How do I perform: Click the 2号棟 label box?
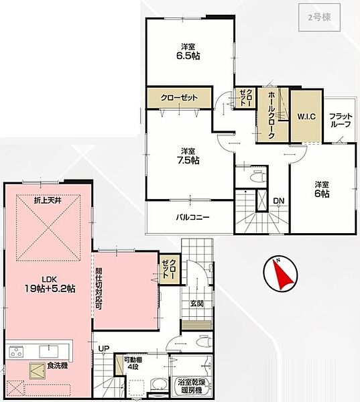click(x=320, y=17)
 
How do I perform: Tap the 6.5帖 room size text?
click(x=188, y=56)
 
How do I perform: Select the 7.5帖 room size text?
click(x=188, y=160)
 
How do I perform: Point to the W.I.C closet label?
click(x=306, y=117)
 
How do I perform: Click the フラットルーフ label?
click(x=341, y=120)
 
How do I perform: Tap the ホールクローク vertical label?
click(x=272, y=115)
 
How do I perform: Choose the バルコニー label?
click(x=192, y=218)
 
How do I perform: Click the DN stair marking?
click(x=279, y=201)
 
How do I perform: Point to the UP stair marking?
click(x=104, y=348)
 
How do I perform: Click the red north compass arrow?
click(x=282, y=274)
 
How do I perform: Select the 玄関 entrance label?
click(x=197, y=304)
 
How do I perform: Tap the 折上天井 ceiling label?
click(x=48, y=200)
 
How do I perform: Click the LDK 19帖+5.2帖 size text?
click(x=50, y=285)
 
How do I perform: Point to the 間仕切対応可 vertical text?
click(x=99, y=289)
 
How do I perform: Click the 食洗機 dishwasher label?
click(x=57, y=366)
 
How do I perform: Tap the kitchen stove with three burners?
click(x=16, y=352)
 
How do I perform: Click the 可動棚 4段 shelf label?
click(x=132, y=363)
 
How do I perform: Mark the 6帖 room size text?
click(x=322, y=190)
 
